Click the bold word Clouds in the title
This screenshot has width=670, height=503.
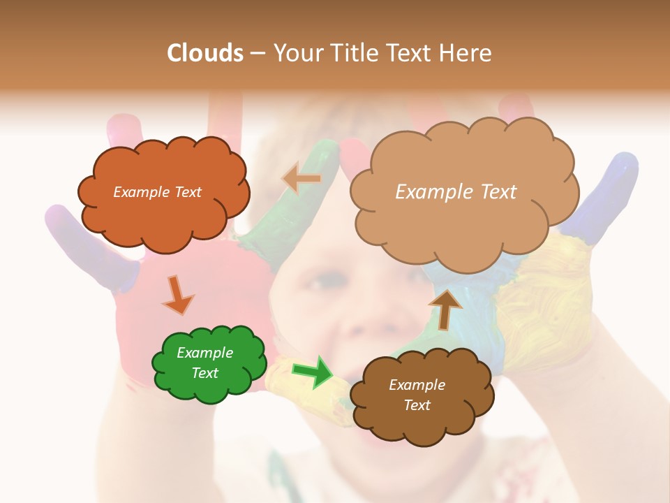click(205, 53)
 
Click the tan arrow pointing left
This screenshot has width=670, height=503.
click(301, 179)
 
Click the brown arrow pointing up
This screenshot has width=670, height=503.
click(445, 309)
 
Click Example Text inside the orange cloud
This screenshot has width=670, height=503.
click(157, 192)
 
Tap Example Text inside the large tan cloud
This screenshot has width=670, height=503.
click(456, 192)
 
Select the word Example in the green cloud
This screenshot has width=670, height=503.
click(204, 353)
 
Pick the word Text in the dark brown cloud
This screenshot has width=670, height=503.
click(417, 405)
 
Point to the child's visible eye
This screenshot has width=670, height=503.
click(316, 283)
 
